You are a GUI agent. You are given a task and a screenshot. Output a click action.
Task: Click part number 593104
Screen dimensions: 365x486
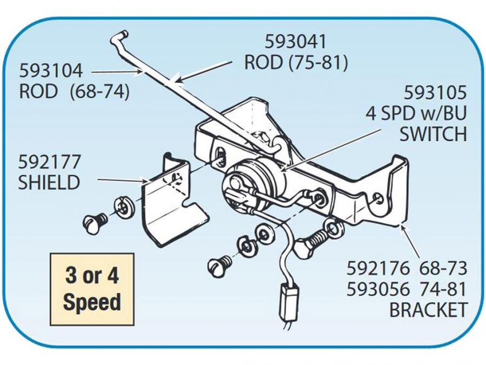pos(51,70)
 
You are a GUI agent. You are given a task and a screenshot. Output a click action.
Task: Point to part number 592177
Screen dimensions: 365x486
pos(49,162)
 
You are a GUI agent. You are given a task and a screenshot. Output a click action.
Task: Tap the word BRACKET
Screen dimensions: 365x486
pos(428,310)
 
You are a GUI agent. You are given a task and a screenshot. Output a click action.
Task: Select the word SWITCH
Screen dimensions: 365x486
pos(433,134)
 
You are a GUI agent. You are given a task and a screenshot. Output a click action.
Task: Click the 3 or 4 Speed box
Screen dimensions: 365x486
pos(91,289)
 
